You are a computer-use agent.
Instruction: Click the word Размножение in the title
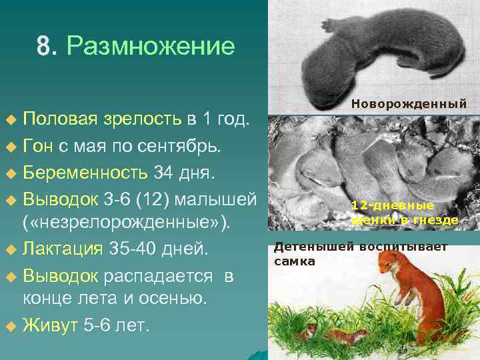tap(151, 47)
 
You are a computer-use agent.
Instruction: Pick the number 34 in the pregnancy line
tap(164, 174)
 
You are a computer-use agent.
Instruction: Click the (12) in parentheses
tap(158, 199)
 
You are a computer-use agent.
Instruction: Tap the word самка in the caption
tap(294, 261)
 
